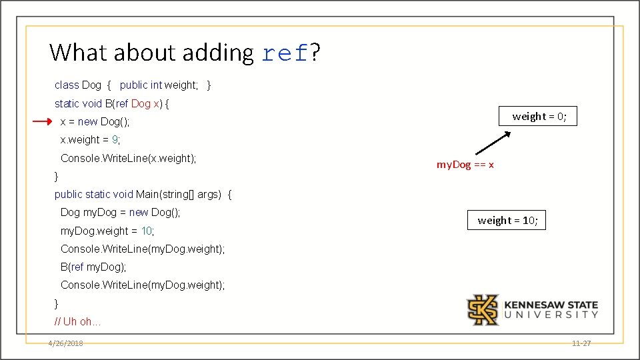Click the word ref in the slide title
coord(285,53)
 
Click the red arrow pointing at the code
coord(41,122)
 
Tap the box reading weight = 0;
coord(539,117)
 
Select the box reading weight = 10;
coord(507,220)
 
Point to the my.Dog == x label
coord(465,165)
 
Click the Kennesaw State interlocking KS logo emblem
coord(483,309)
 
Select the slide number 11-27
coord(581,343)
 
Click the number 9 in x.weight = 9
coord(115,140)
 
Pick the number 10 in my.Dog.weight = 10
coord(147,231)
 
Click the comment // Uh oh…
coord(77,322)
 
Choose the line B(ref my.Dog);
coord(93,267)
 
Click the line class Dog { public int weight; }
coord(133,85)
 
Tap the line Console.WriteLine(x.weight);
coord(128,159)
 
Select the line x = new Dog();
coord(95,122)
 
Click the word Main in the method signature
coord(148,195)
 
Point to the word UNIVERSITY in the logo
coord(551,315)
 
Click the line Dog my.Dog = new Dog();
coord(120,213)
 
